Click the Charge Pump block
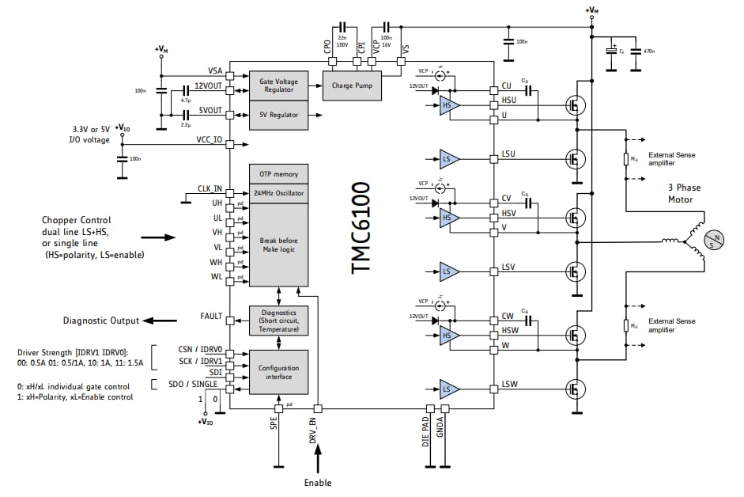coord(352,85)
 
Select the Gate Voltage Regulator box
coord(278,85)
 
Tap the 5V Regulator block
coord(278,116)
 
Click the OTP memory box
coord(278,174)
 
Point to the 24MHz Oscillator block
coord(278,193)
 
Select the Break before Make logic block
coord(278,244)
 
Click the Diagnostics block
coord(278,321)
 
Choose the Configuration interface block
coord(278,372)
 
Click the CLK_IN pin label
coord(210,188)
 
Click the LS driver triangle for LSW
coord(449,389)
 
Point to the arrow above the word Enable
coord(319,460)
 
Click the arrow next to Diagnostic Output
coord(159,321)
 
